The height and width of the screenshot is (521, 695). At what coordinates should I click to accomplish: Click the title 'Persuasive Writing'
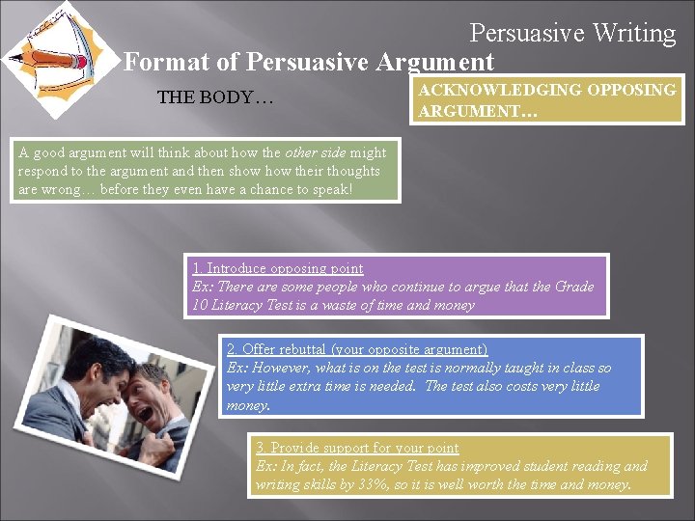pos(572,33)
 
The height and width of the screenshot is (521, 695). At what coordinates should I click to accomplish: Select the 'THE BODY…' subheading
pos(215,97)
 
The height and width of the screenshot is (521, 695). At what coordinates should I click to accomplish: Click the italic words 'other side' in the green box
pos(319,152)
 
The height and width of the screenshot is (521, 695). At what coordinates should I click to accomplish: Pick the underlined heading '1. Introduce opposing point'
pos(278,268)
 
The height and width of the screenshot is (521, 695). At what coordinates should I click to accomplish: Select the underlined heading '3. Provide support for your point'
pos(357,448)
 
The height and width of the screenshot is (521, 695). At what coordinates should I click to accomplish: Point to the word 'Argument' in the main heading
pos(434,63)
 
